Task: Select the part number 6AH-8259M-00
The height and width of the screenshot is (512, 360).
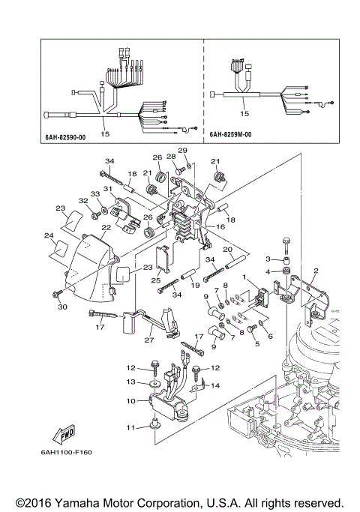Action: tap(236, 136)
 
